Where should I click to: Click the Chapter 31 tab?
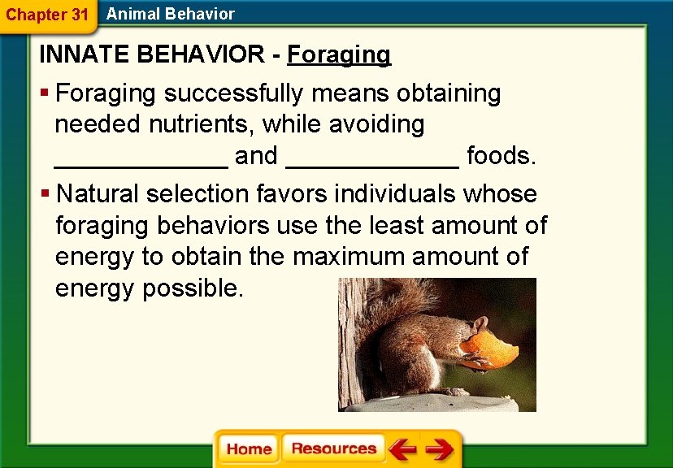[x=46, y=15]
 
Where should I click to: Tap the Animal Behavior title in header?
[x=170, y=14]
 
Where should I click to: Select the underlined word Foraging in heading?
[x=339, y=54]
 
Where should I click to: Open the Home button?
[x=249, y=448]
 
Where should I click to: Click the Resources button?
[x=334, y=448]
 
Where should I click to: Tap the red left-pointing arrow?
[x=402, y=448]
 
